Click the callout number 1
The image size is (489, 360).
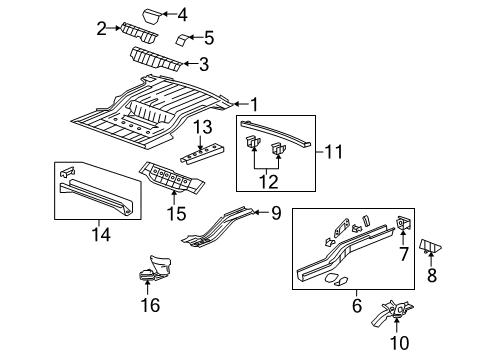253,103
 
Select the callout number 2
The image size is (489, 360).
102,28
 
